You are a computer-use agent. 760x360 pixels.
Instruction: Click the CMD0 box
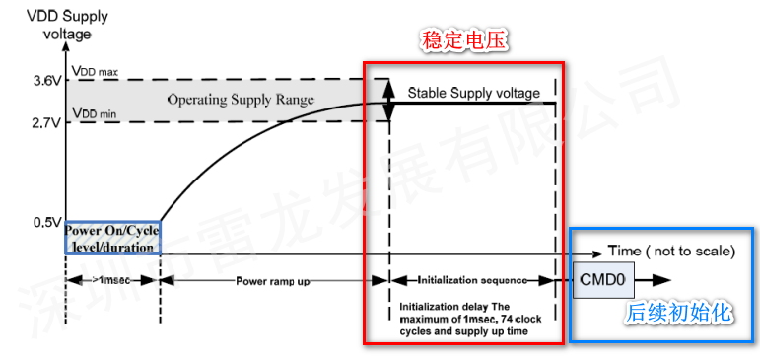pyautogui.click(x=602, y=280)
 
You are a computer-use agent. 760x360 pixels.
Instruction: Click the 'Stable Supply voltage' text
pyautogui.click(x=474, y=93)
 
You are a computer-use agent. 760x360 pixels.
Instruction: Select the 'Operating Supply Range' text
pyautogui.click(x=241, y=100)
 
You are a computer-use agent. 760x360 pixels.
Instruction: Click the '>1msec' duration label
pyautogui.click(x=112, y=281)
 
